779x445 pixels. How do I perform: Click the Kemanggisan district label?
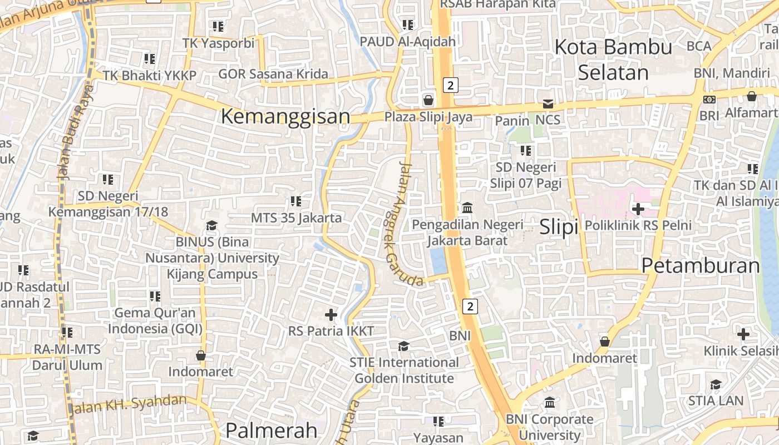(x=285, y=117)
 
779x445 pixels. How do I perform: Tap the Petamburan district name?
(x=701, y=266)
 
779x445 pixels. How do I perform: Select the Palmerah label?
(x=271, y=430)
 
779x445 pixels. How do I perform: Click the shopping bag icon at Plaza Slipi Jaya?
(x=428, y=100)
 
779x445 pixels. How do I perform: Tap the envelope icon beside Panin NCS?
(x=548, y=104)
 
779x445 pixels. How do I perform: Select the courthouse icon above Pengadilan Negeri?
(x=467, y=208)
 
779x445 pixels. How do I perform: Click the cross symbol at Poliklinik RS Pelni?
(x=638, y=209)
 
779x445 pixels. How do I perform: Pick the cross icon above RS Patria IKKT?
(x=331, y=315)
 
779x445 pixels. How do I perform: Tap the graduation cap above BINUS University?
(x=211, y=225)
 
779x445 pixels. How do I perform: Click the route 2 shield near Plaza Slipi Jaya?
(x=451, y=85)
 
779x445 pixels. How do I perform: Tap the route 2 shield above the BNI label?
(x=470, y=306)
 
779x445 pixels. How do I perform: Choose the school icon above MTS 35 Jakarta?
(x=295, y=201)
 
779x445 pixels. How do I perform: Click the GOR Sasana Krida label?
(x=273, y=74)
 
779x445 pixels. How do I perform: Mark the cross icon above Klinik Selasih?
(x=743, y=334)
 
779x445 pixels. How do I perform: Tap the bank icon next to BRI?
(x=709, y=100)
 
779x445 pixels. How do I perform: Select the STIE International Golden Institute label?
(x=405, y=370)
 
